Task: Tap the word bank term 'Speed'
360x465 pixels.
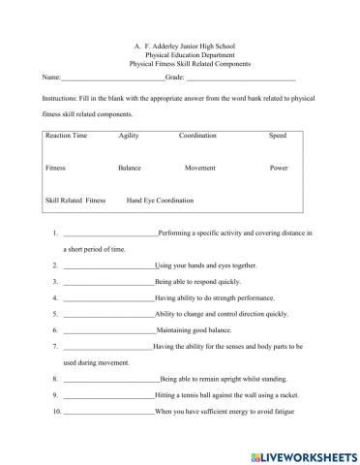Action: tap(278, 136)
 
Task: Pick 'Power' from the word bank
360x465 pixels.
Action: tap(280, 168)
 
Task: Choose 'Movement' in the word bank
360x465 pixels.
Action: tap(199, 168)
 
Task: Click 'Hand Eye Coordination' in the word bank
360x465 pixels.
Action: tap(160, 201)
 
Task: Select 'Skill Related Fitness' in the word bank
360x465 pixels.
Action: tap(75, 201)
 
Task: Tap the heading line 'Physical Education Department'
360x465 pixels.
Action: tap(180, 54)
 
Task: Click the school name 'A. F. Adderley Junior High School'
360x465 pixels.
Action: tap(180, 45)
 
